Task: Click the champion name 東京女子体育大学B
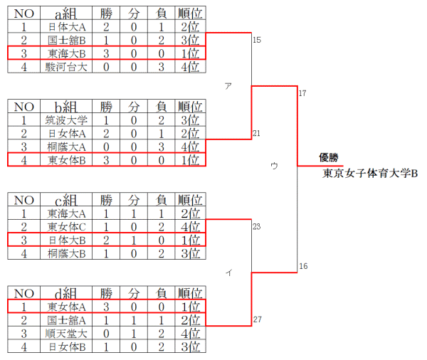pyautogui.click(x=370, y=173)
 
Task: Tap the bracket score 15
pyautogui.click(x=257, y=40)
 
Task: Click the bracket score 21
pyautogui.click(x=257, y=133)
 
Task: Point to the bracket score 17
pyautogui.click(x=302, y=94)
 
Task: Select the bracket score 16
pyautogui.click(x=302, y=266)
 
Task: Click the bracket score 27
pyautogui.click(x=257, y=319)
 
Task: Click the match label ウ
pyautogui.click(x=274, y=165)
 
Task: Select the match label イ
pyautogui.click(x=228, y=272)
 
